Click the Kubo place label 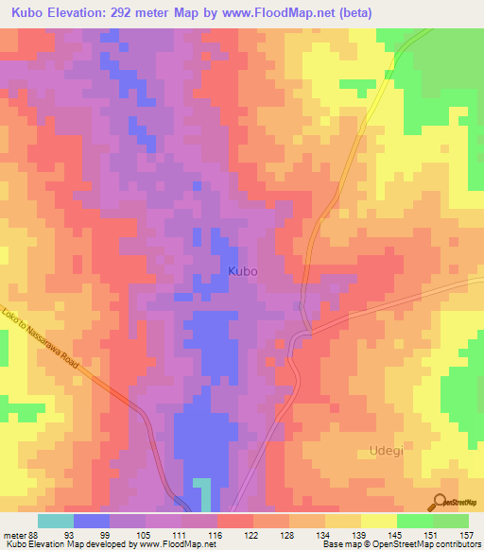(x=243, y=270)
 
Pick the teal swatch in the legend (x=55, y=521)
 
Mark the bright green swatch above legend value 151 (x=414, y=521)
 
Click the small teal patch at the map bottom (x=202, y=494)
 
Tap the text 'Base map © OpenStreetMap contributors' (x=397, y=544)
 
